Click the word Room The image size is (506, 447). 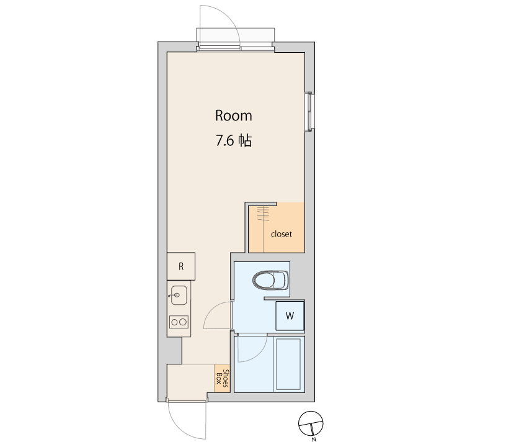tap(233, 115)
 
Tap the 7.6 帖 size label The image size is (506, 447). tap(234, 141)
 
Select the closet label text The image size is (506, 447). tap(282, 234)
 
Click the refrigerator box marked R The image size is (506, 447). tap(181, 266)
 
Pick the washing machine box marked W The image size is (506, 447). tap(290, 315)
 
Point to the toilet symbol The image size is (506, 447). tap(271, 280)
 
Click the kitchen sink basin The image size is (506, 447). tap(179, 295)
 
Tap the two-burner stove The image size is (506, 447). tap(179, 322)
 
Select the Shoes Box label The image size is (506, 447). tap(222, 378)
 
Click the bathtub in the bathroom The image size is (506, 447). tap(289, 364)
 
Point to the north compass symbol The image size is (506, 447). tap(311, 423)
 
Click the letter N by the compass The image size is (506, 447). tap(314, 440)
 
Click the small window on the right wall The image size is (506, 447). tap(309, 112)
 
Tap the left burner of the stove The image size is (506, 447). tap(175, 322)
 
